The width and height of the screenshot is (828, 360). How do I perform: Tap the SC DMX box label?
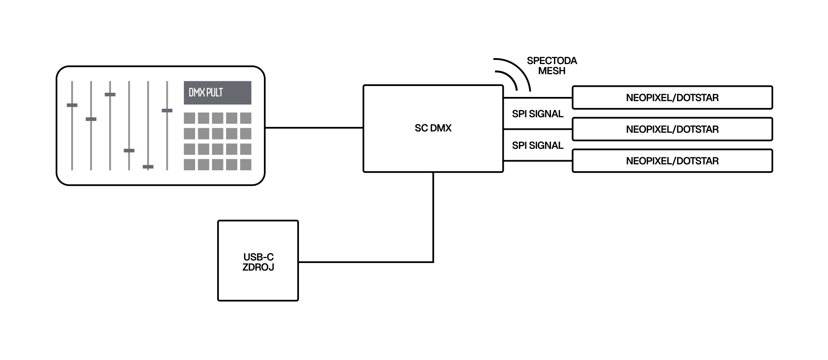pos(433,128)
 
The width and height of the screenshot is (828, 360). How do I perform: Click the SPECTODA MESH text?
pos(551,66)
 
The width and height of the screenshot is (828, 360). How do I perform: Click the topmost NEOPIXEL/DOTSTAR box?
pos(672,98)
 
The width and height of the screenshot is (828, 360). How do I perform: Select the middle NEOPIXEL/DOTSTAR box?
pos(672,129)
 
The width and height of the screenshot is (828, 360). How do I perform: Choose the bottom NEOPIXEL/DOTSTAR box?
pos(672,161)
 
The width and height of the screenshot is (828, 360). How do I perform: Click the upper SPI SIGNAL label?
pos(538,114)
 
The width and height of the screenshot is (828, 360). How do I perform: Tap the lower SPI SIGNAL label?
pos(538,145)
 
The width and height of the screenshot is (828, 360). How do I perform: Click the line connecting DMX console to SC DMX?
pos(314,128)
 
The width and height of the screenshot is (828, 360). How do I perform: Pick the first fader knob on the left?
pos(72,105)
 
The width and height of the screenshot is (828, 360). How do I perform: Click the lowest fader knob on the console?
pos(148,167)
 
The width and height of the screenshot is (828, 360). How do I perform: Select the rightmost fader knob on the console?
pos(167,110)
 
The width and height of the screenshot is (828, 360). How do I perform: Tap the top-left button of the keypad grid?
pos(189,118)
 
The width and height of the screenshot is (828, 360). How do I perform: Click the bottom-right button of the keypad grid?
pos(246,164)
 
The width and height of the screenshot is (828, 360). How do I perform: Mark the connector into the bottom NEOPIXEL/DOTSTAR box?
pos(538,161)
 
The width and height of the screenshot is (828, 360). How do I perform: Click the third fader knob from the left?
pos(110,94)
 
